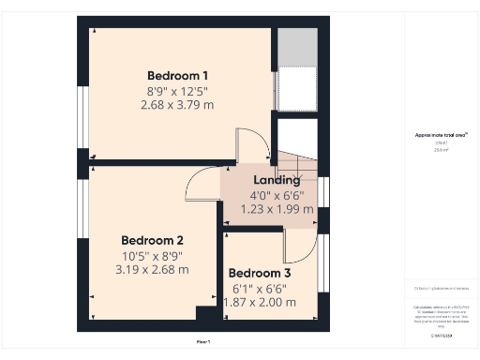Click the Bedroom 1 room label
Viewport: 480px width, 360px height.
point(178,76)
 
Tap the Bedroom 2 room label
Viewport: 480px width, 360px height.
point(152,239)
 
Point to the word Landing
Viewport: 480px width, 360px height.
point(277,180)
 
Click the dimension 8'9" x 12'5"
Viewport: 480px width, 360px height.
point(178,91)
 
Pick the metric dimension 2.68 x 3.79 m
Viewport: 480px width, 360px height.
point(178,105)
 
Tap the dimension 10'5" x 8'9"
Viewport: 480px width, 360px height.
point(152,255)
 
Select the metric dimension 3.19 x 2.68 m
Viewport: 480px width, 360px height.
point(152,269)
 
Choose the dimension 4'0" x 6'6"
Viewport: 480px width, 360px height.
point(277,195)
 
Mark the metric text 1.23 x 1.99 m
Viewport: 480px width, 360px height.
point(277,209)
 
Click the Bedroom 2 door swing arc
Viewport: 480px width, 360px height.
point(201,185)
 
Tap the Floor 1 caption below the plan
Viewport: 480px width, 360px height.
point(203,341)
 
